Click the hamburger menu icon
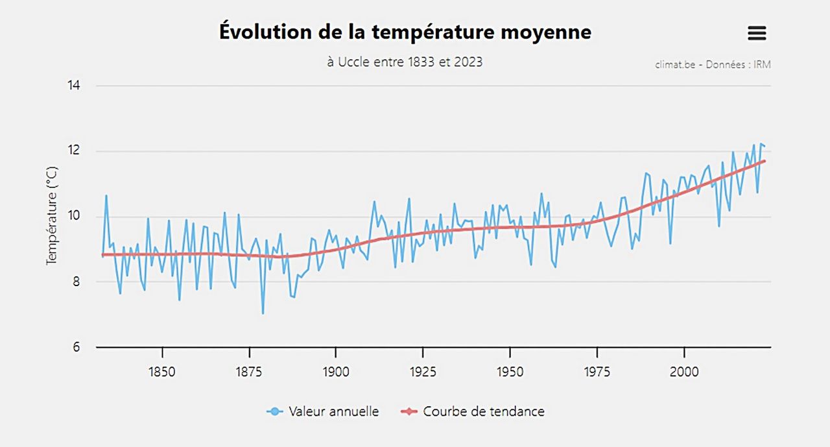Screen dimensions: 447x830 tap(757, 34)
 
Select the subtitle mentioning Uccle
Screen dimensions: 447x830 tap(405, 62)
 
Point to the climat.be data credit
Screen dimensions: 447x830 tap(713, 65)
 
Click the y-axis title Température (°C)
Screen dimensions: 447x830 tap(53, 215)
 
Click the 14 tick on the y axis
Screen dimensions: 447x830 tap(74, 86)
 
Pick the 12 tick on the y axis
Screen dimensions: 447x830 tap(74, 151)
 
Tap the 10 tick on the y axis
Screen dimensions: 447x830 tap(74, 216)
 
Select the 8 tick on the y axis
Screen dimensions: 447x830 tap(77, 282)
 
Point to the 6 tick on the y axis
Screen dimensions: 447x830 tap(77, 347)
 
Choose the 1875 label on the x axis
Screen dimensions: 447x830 tap(249, 372)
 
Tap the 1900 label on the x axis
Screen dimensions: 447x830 tap(336, 372)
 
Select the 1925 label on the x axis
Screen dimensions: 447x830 tap(423, 372)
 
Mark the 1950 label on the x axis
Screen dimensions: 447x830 tap(510, 372)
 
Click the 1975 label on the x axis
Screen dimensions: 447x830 tap(597, 372)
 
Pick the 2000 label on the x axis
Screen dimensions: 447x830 tap(684, 372)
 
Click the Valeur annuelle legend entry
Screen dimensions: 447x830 tap(323, 411)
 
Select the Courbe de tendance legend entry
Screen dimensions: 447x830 tap(473, 411)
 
